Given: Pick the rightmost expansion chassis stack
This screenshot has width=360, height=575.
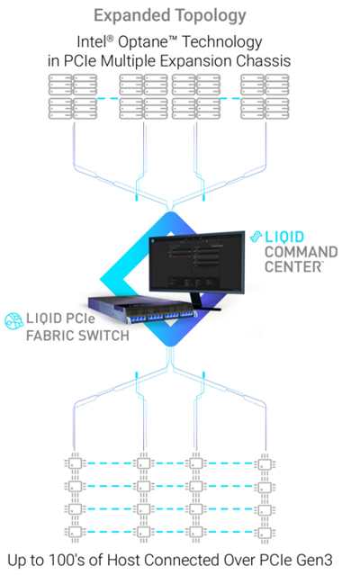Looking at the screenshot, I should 261,100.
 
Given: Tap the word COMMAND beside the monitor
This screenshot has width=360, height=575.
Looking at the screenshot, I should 301,252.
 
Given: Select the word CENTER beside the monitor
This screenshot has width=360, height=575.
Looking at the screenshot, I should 293,267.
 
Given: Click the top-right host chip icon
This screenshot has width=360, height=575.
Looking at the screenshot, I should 265,465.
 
